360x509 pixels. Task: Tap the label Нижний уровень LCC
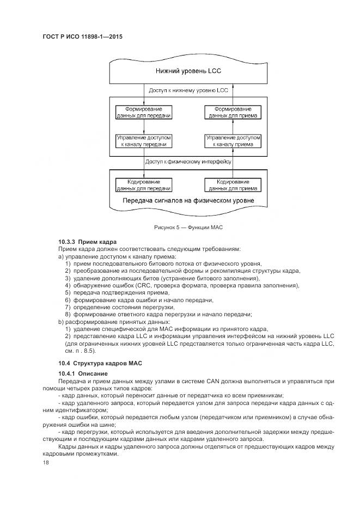pyautogui.click(x=188, y=71)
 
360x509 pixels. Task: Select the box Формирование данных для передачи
pyautogui.click(x=144, y=112)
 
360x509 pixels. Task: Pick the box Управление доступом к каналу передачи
pyautogui.click(x=144, y=142)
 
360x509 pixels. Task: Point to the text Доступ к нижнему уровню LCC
pyautogui.click(x=188, y=90)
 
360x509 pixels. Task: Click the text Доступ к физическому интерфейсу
pyautogui.click(x=188, y=162)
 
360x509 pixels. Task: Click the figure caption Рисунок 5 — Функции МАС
pyautogui.click(x=188, y=226)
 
